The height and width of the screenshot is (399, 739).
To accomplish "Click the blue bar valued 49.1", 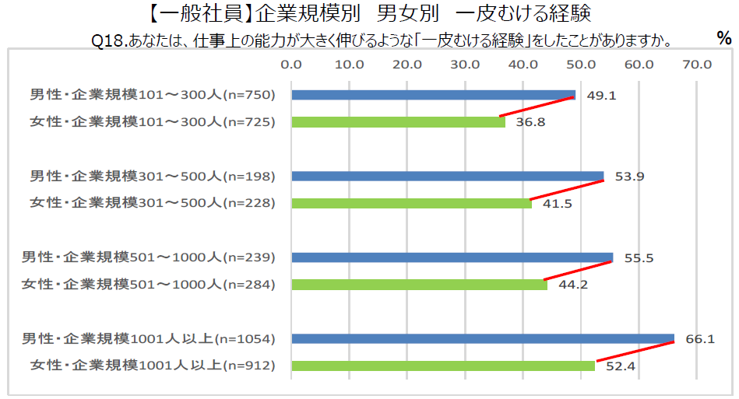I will coord(433,95).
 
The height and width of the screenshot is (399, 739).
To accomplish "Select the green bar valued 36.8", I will coord(398,122).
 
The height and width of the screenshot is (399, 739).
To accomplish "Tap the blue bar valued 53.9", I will coord(447,176).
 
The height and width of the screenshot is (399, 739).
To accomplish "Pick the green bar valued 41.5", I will coord(411,203).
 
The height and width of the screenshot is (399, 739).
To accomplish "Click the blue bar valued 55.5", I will coord(452,257).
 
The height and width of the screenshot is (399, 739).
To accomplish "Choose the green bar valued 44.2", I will coord(419,285).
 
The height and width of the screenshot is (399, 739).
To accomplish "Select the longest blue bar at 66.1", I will coord(482,338).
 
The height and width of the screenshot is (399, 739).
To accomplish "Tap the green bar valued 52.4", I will coord(442,366).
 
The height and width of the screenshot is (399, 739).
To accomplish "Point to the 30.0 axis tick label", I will coord(465,64).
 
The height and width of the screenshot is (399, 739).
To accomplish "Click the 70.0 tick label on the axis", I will coord(697,64).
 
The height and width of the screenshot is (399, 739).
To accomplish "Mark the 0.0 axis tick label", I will coord(291,64).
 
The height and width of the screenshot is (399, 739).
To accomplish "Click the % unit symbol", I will coord(723,38).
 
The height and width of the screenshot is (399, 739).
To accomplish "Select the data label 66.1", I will coord(699,338).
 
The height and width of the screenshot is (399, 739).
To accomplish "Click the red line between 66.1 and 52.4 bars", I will coord(635,351).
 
